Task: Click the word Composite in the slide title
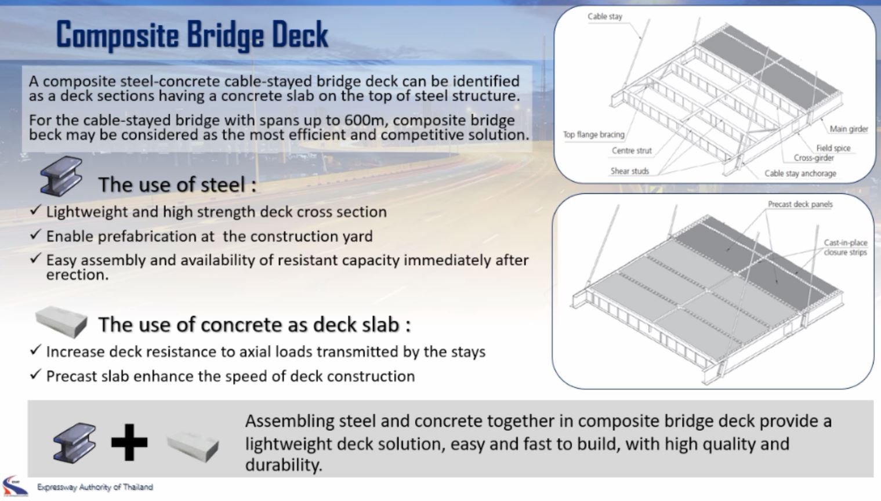click(x=116, y=35)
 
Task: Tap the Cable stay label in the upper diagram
click(x=604, y=17)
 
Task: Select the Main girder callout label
click(x=848, y=129)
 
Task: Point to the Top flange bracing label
click(x=593, y=135)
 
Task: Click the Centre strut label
click(x=631, y=151)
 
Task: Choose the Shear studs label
click(x=629, y=171)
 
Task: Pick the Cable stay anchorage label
click(x=800, y=173)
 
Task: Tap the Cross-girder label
click(x=813, y=158)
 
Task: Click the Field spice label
click(x=833, y=148)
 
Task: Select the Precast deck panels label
click(x=800, y=204)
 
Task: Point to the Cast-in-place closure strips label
click(x=845, y=248)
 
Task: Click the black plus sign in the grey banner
click(x=129, y=442)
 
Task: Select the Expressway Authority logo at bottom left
click(x=14, y=486)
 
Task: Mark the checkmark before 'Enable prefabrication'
click(x=35, y=234)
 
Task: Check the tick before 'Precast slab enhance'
click(x=35, y=375)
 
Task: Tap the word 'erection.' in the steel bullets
click(x=77, y=275)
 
